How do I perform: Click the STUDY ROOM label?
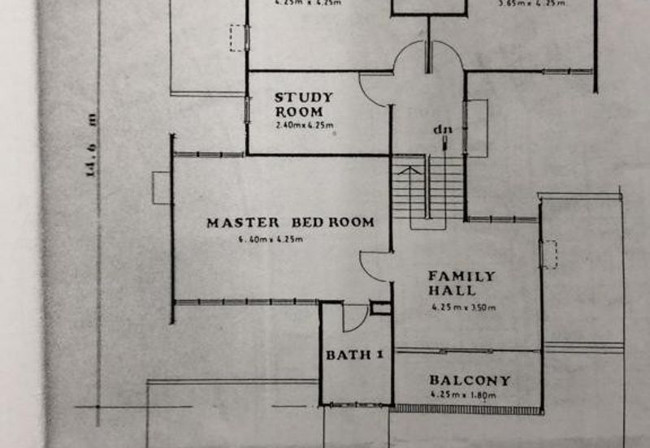303,104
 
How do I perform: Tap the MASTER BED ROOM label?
290,222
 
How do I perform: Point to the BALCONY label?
470,380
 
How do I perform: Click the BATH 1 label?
353,355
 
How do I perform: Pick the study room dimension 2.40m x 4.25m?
304,126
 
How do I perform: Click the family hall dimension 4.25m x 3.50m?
463,308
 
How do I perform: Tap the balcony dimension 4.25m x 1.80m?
463,395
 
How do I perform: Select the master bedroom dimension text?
271,239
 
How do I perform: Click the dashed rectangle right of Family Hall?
551,253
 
